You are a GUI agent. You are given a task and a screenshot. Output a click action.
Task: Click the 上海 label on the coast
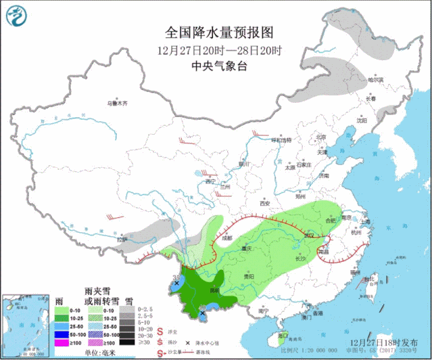pos(366,221)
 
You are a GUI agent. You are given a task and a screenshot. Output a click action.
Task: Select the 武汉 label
pos(310,235)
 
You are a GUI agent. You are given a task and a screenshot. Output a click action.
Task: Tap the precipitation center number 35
pos(176,277)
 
